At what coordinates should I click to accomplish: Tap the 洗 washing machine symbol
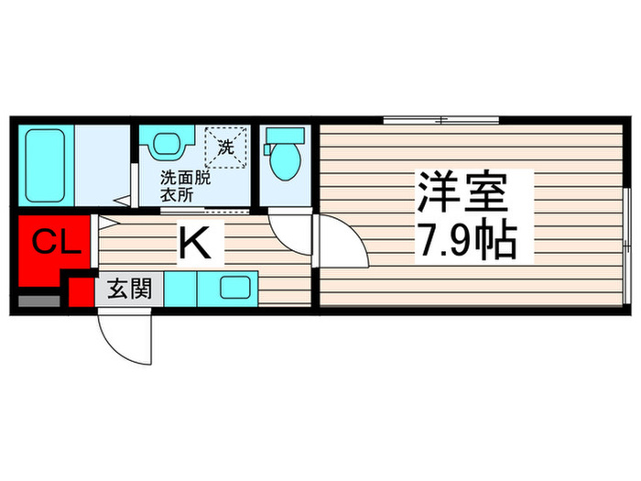pos(223,144)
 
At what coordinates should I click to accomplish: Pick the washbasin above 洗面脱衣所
pos(166,145)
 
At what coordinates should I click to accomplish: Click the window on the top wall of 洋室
pos(440,120)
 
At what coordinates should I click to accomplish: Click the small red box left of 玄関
pos(81,290)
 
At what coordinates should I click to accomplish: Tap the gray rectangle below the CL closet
pos(37,299)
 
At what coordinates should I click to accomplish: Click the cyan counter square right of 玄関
pos(180,290)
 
